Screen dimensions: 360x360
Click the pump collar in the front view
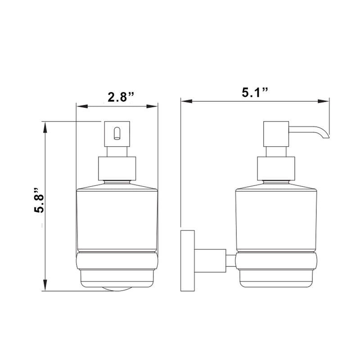117,168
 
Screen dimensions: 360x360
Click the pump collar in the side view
276,168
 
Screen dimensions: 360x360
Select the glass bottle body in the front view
117,220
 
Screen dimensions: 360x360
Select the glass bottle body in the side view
276,220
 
